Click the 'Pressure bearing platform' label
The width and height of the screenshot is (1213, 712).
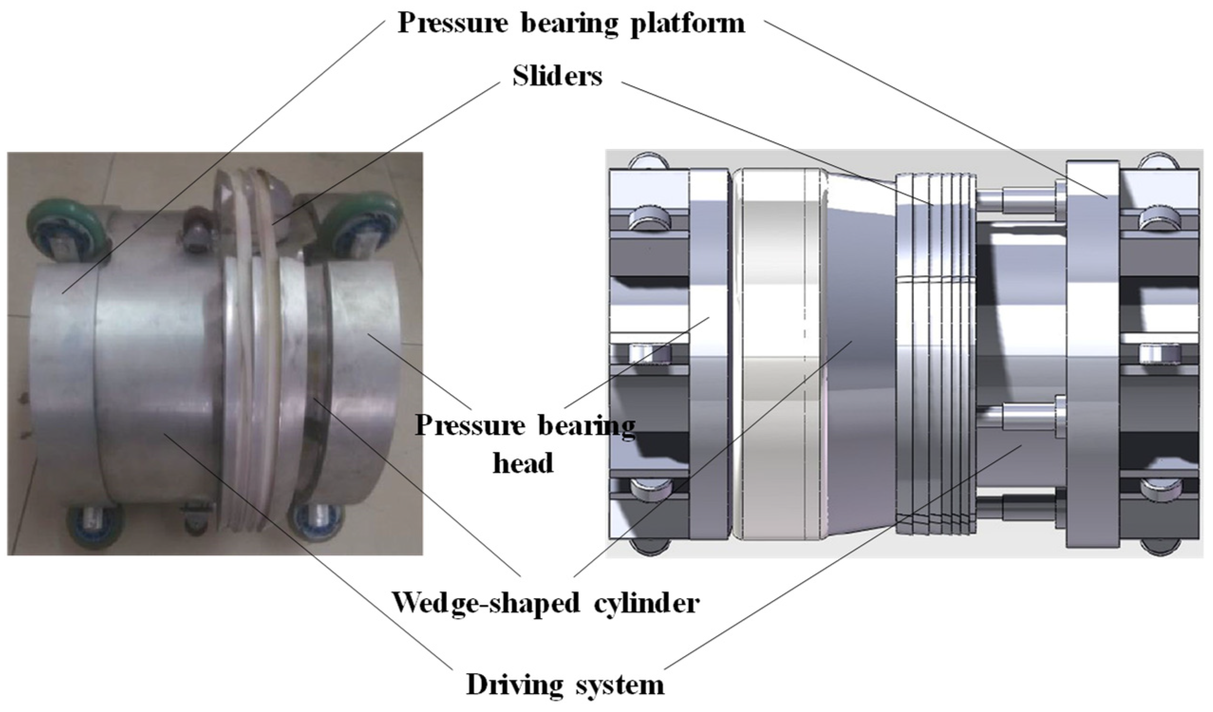(x=571, y=23)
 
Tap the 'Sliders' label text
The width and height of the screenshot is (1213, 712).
(x=557, y=76)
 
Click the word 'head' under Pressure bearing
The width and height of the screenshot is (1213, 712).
(x=523, y=463)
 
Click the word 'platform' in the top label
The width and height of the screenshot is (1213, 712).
(x=688, y=23)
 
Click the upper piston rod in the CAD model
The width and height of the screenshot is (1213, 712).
(x=1016, y=198)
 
